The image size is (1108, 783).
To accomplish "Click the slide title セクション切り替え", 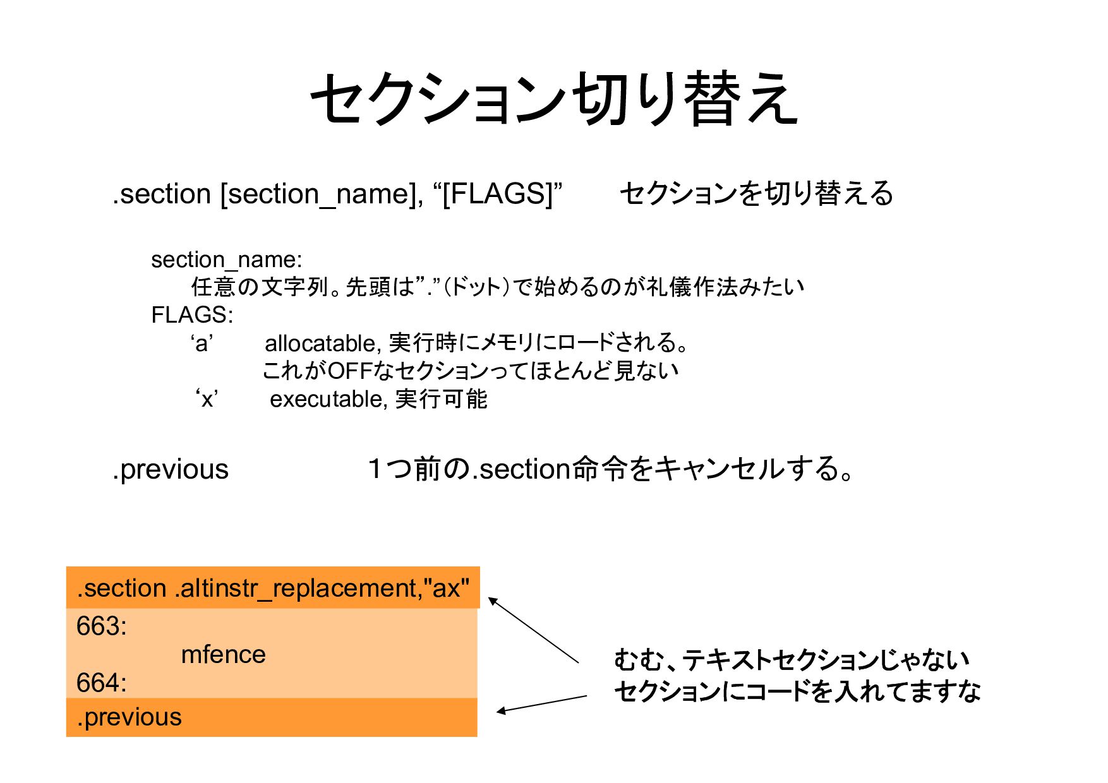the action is point(554,99).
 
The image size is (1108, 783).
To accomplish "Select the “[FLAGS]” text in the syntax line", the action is point(498,193).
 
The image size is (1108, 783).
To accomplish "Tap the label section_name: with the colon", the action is point(226,260).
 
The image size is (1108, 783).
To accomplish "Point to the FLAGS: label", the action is point(192,314).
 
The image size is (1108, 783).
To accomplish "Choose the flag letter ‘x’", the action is point(207,399).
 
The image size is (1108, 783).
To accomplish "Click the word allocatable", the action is point(320,344).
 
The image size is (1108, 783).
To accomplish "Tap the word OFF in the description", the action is point(349,371).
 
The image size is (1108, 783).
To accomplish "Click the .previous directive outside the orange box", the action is point(171,470).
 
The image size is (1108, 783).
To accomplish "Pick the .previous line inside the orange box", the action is point(129,717).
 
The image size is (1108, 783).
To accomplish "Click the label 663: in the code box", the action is point(101,626).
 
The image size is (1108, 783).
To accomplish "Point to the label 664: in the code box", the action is point(101,683).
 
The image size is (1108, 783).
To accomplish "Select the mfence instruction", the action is point(223,655).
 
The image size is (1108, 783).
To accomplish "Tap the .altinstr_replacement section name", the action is point(297,589).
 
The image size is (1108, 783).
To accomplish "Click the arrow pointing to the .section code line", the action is point(534,630).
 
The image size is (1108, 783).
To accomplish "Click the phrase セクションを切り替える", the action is point(756,194).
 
